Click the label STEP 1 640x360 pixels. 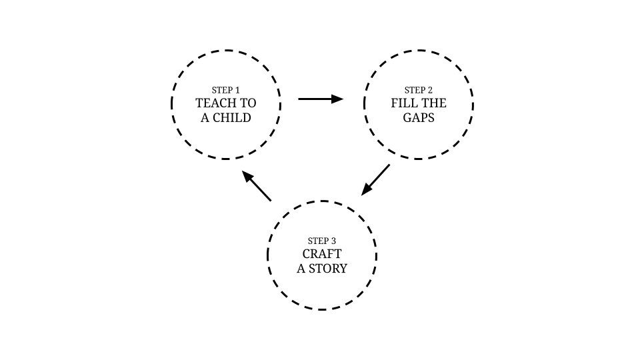(x=226, y=90)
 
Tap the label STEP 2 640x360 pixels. (x=419, y=90)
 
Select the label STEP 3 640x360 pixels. (x=322, y=241)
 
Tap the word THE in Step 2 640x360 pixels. (x=433, y=103)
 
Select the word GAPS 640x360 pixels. (x=419, y=118)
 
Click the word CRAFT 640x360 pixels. (x=322, y=254)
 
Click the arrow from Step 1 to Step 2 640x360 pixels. (x=321, y=99)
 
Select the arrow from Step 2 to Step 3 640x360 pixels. (x=375, y=179)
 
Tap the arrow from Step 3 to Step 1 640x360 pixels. (x=256, y=186)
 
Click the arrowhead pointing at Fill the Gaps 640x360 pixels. (x=337, y=99)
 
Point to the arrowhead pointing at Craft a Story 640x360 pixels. (x=366, y=190)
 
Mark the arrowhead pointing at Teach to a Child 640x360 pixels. (x=247, y=176)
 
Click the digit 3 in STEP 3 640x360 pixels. (x=333, y=241)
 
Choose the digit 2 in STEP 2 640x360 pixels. (x=430, y=90)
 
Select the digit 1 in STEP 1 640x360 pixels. (x=237, y=90)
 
